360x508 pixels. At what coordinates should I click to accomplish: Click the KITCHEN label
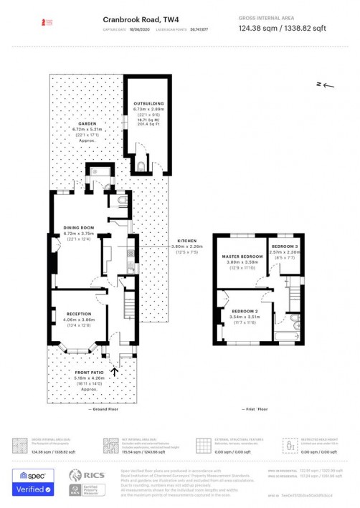[187, 241]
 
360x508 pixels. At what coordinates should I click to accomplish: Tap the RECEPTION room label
[79, 314]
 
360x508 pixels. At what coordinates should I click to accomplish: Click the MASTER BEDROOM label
[241, 257]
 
